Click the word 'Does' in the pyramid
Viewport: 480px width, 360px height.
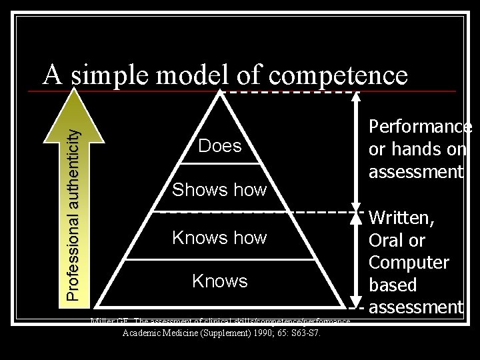point(220,146)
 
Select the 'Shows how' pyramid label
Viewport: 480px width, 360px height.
point(219,190)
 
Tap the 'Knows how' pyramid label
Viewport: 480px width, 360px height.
point(219,237)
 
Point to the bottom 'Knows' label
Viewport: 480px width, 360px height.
point(219,281)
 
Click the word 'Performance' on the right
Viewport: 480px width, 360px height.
point(420,127)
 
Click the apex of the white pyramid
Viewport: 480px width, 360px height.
point(219,93)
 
